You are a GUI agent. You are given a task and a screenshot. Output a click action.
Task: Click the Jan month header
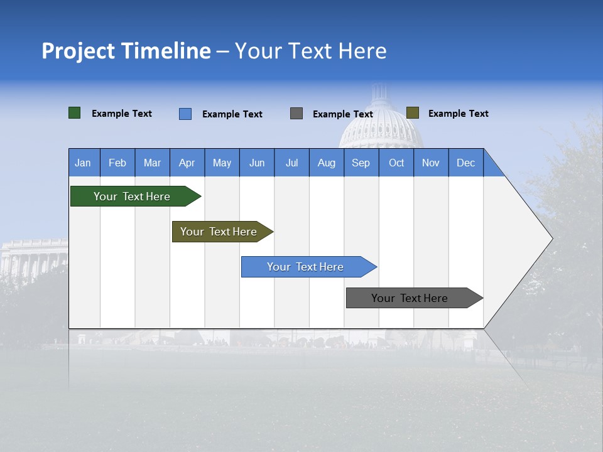[x=83, y=163]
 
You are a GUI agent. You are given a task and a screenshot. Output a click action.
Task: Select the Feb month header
[x=117, y=163]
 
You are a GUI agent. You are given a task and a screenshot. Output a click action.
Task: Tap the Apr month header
[x=187, y=163]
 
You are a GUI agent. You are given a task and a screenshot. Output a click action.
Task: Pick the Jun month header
[x=257, y=163]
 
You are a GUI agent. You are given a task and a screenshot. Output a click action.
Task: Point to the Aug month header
[x=326, y=163]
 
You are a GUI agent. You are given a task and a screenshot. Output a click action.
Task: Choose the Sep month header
[x=361, y=163]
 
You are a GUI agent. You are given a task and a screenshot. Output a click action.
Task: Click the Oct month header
[x=396, y=163]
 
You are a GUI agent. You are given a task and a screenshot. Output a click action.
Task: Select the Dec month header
[x=465, y=163]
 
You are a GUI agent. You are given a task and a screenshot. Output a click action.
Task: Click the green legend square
[x=75, y=113]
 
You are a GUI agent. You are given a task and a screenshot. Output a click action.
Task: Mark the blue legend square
[x=185, y=114]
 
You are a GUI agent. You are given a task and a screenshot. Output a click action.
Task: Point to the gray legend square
[x=296, y=114]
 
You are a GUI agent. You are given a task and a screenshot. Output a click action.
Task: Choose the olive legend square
[x=413, y=113]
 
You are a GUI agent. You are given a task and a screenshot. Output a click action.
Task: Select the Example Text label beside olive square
[x=458, y=114]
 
